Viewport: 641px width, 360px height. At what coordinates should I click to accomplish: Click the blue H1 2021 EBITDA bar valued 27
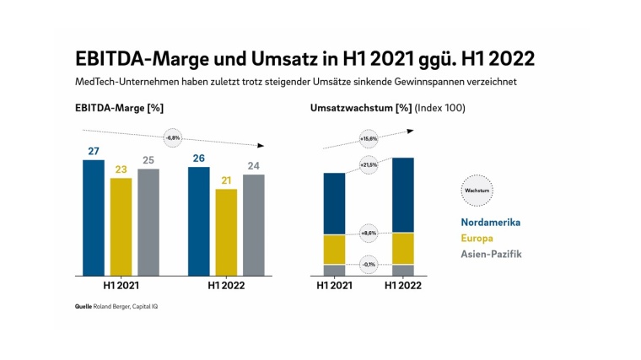point(94,218)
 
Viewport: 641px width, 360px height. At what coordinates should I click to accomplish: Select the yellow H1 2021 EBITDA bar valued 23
point(121,227)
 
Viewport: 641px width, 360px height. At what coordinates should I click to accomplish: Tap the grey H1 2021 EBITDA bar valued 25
point(148,223)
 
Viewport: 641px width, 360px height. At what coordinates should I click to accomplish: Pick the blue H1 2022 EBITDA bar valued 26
point(199,221)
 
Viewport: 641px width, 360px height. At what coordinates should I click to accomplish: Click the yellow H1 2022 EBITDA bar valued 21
point(226,232)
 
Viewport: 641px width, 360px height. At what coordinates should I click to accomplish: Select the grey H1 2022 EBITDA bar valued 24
point(254,225)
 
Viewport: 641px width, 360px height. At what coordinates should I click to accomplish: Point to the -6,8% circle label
point(174,137)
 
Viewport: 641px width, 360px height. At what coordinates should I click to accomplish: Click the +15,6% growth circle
point(369,138)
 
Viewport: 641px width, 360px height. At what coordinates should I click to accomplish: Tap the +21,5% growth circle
point(369,165)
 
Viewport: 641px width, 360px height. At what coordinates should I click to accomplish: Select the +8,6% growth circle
point(369,233)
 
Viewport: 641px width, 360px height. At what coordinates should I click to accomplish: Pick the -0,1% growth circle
point(369,264)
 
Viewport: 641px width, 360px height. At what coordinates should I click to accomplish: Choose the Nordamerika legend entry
point(490,223)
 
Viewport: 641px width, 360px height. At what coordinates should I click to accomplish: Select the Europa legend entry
point(478,239)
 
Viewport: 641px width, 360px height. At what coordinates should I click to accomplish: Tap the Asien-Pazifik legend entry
point(492,255)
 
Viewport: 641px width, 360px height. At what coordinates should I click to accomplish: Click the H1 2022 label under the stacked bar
point(403,287)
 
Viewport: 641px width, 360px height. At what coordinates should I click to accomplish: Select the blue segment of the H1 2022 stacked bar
point(403,195)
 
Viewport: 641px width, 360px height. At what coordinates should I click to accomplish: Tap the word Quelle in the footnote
point(83,306)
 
